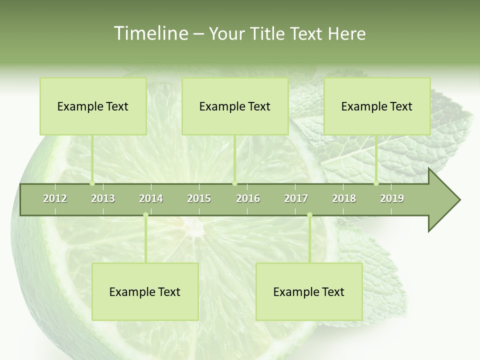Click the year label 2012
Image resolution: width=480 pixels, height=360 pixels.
click(55, 198)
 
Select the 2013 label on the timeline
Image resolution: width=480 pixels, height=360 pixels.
click(103, 198)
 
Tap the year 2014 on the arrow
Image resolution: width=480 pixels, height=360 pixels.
click(151, 198)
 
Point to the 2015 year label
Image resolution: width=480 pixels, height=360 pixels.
click(199, 198)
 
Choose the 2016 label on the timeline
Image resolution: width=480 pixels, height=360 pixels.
click(248, 198)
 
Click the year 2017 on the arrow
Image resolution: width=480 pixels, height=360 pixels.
click(296, 198)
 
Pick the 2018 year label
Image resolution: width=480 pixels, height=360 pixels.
click(344, 198)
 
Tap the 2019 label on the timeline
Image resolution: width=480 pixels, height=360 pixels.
click(392, 198)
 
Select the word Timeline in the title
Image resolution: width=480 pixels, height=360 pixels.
click(150, 33)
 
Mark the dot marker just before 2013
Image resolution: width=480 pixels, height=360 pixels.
click(92, 183)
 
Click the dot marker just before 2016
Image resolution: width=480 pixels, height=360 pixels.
click(234, 183)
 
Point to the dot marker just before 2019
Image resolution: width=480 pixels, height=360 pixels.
click(376, 183)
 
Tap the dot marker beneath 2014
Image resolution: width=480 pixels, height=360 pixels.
click(145, 215)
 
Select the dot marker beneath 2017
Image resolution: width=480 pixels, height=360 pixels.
click(309, 215)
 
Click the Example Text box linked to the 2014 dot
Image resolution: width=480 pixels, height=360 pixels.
click(145, 291)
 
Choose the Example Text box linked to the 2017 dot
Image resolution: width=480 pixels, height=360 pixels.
click(309, 291)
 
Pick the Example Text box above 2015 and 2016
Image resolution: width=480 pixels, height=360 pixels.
click(235, 106)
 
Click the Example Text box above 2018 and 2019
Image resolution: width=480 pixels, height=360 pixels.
click(377, 106)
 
